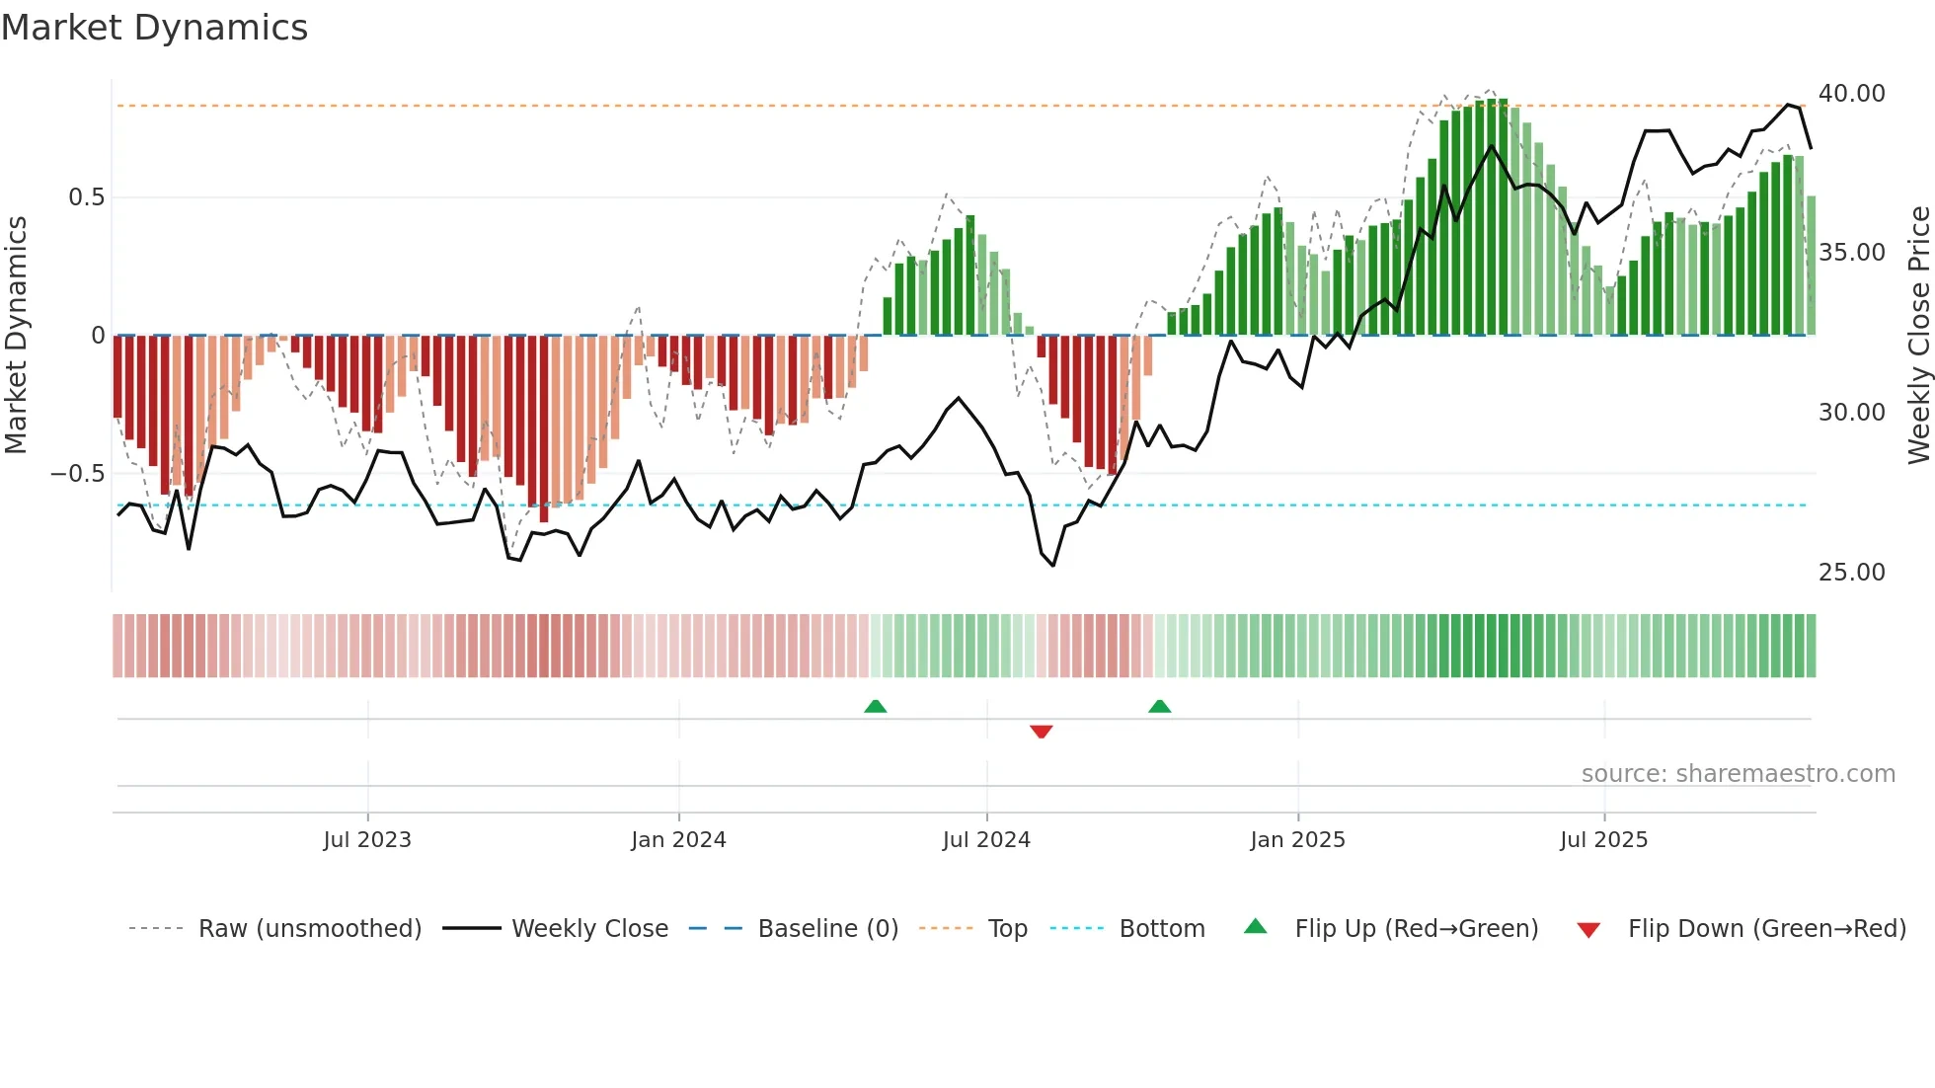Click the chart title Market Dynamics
tap(155, 28)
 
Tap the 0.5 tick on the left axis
tap(86, 197)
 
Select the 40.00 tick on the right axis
tap(1851, 94)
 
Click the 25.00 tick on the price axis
tap(1851, 573)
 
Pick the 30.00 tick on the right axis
tap(1851, 413)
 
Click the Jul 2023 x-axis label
tap(367, 840)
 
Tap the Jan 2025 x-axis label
tap(1297, 840)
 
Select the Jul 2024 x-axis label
tap(986, 840)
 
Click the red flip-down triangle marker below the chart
tap(1041, 732)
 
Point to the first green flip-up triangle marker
tap(875, 706)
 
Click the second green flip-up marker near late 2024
tap(1159, 706)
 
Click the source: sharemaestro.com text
tap(1738, 774)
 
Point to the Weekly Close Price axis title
tap(1918, 336)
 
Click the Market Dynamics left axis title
tap(16, 336)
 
